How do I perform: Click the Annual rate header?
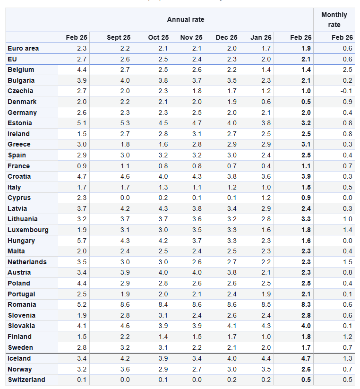pos(186,19)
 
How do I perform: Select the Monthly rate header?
pos(334,20)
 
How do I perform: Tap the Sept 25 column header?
pos(119,37)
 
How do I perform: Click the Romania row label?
pos(21,304)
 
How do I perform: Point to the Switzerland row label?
pos(26,380)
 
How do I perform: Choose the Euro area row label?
pos(23,48)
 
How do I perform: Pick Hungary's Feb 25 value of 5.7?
pos(82,241)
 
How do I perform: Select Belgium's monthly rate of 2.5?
pos(347,69)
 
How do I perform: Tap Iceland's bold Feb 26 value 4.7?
pos(306,358)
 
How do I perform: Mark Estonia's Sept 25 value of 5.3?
pos(125,123)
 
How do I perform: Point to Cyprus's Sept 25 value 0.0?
pos(125,198)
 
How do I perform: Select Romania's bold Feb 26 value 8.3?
pos(306,304)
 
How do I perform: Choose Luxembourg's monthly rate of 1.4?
pos(347,230)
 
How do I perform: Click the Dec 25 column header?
pos(226,37)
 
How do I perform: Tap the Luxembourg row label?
pos(28,230)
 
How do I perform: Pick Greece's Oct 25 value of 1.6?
pos(163,144)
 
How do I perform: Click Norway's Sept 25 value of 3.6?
pos(125,369)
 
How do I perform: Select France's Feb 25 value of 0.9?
pos(82,166)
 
